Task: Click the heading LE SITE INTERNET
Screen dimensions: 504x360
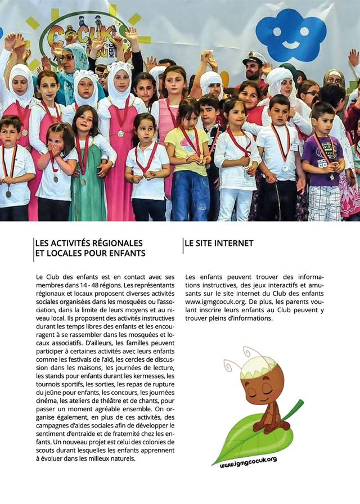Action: pyautogui.click(x=219, y=244)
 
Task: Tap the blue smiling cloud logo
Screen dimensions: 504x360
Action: pyautogui.click(x=291, y=35)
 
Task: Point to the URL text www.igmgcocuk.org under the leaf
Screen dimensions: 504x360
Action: pyautogui.click(x=248, y=462)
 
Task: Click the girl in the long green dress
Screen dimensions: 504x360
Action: pyautogui.click(x=88, y=169)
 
